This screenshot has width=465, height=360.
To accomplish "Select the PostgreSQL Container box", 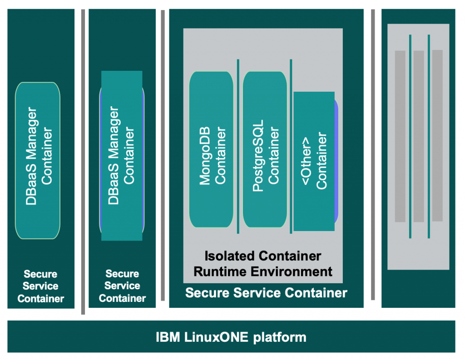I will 265,149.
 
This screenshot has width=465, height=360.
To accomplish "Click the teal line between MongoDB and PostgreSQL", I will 238,145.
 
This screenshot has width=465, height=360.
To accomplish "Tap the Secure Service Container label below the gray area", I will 266,293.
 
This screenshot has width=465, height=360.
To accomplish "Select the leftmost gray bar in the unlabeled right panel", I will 400,136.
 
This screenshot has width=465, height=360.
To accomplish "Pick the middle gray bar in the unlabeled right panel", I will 419,136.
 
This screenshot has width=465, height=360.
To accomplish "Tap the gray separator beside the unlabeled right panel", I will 373,154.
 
